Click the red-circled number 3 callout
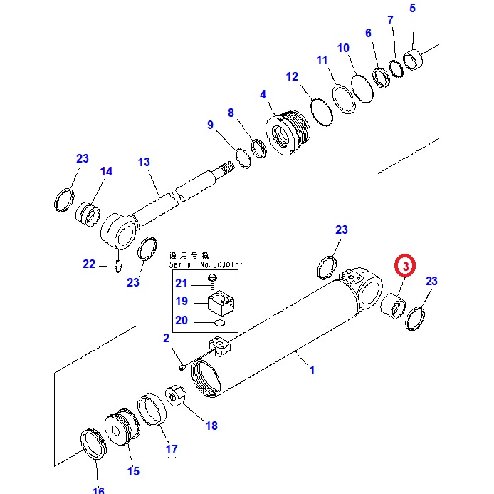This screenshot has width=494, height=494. pos(404,267)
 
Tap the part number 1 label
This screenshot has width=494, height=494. pos(311,370)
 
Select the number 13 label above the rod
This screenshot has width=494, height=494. pos(144,163)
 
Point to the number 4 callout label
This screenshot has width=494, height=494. pos(263,94)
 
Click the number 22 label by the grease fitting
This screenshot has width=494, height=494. pos(89,264)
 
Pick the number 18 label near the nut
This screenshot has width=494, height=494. pos(211,426)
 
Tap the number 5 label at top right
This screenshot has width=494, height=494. pos(411,9)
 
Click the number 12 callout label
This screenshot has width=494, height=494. pos(293,76)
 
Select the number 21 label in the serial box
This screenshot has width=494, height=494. pos(182,283)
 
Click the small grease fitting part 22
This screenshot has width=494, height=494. pos(117,266)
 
